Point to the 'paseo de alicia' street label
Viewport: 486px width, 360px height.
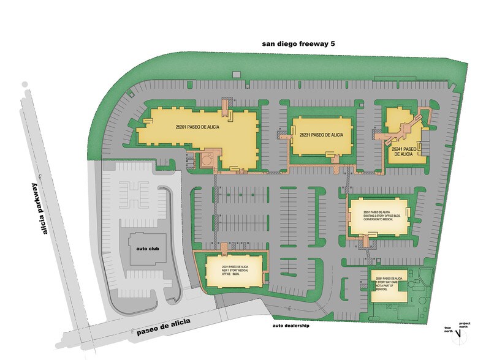tap(164, 327)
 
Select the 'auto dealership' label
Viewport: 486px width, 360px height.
tap(291, 326)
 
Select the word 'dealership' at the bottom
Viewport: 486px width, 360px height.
tap(297, 326)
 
